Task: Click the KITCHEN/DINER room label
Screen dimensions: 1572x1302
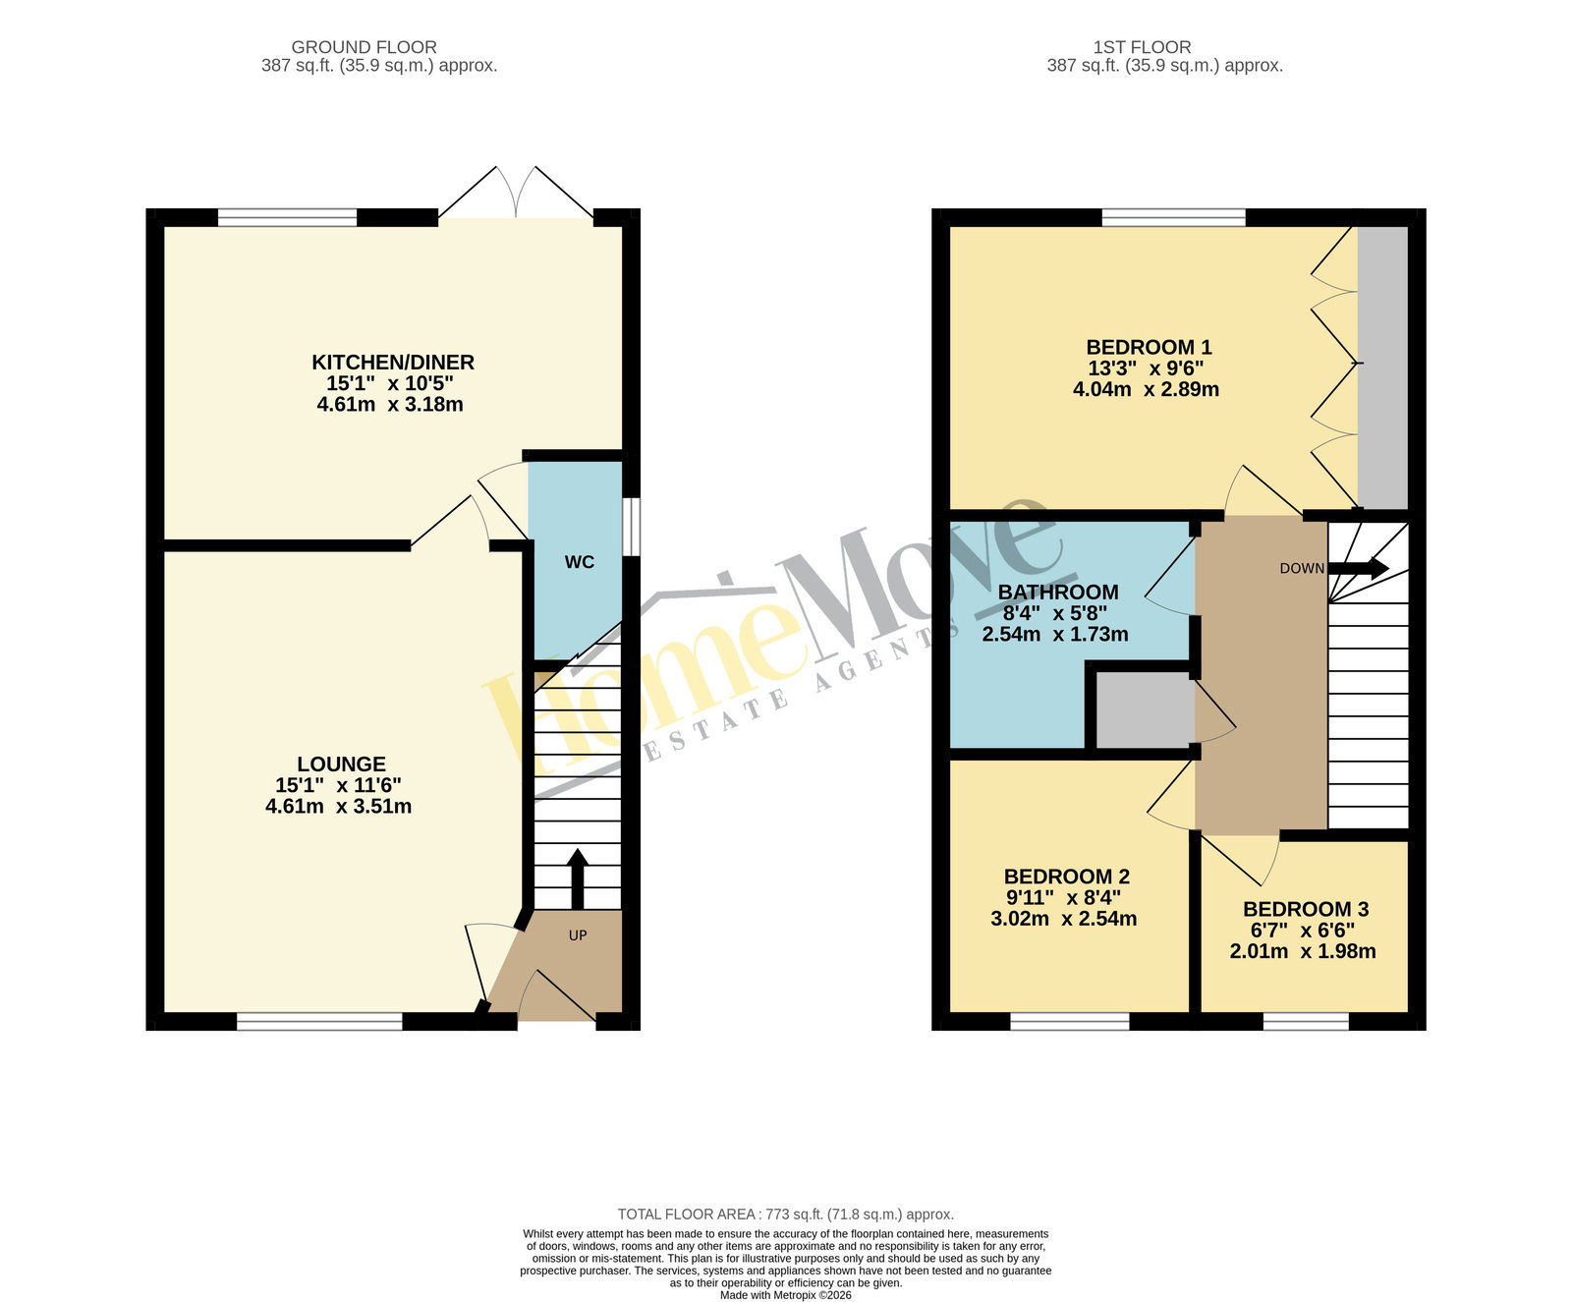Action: (393, 363)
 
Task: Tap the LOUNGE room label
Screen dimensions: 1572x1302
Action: (341, 764)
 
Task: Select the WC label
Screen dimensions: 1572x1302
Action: (580, 562)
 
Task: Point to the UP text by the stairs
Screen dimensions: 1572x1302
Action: (578, 935)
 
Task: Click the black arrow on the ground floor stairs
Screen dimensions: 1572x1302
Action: (577, 878)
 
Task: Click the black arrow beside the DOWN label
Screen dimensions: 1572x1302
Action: (1359, 568)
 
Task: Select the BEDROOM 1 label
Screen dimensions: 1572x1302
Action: (1149, 348)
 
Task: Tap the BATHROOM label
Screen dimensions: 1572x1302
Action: (1058, 593)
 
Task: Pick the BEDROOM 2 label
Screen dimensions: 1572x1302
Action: (1067, 877)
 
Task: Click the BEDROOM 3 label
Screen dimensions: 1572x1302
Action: (1306, 910)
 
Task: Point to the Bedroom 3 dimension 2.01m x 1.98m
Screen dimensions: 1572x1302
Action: (1303, 951)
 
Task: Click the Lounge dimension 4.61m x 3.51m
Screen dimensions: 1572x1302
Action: (339, 807)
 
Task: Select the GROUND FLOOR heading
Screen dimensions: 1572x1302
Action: (364, 47)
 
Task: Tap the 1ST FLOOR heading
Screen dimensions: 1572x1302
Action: (1143, 47)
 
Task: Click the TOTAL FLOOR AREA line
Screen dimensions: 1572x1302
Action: (786, 1215)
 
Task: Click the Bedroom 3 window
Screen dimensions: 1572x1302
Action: (1306, 1022)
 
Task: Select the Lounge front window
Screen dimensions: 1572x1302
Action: (320, 1022)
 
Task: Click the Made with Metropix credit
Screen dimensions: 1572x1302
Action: (786, 1295)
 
